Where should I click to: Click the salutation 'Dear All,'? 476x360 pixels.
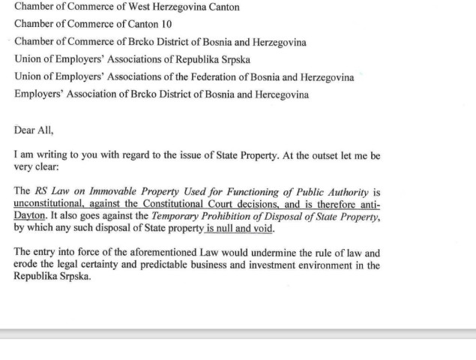click(x=34, y=129)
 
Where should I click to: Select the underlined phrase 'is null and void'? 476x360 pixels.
click(x=239, y=229)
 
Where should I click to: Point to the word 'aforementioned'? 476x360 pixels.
click(x=161, y=253)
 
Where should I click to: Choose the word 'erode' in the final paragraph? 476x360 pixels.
click(x=27, y=265)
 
